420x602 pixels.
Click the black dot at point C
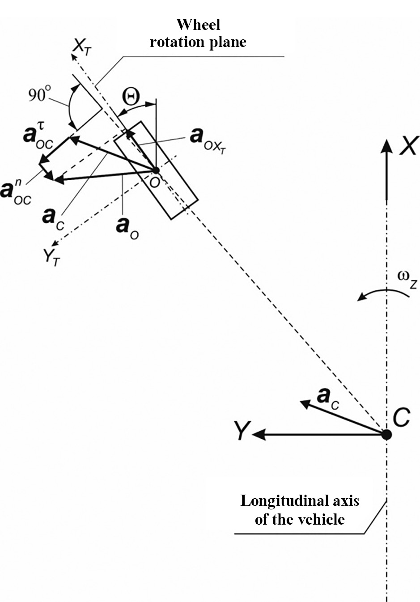point(386,434)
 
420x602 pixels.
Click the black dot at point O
point(155,170)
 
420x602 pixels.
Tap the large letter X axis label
point(408,146)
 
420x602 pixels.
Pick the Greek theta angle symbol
point(132,96)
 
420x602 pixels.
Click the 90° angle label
point(40,95)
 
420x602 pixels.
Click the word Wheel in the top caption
point(198,24)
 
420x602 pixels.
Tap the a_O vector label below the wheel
point(127,227)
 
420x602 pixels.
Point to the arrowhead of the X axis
point(386,146)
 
